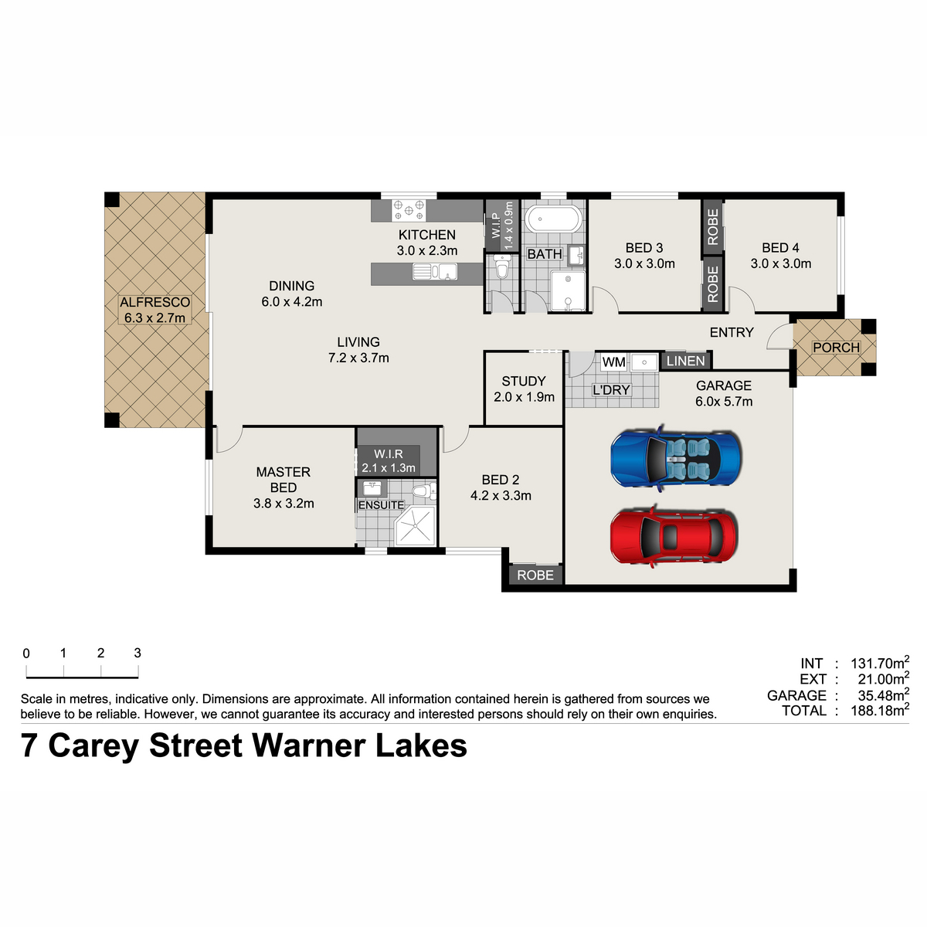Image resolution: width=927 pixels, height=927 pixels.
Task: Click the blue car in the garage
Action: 675,457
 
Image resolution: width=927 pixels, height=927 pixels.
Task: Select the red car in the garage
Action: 674,536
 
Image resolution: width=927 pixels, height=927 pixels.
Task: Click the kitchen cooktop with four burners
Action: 409,210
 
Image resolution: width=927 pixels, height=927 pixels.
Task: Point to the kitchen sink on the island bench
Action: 435,272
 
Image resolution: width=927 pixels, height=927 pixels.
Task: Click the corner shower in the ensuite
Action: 415,526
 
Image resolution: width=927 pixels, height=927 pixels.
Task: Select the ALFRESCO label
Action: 154,302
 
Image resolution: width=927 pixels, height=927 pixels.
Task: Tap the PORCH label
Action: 836,348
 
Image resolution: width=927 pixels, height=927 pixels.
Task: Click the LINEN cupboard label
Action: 685,361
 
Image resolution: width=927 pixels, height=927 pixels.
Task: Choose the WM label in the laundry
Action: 614,362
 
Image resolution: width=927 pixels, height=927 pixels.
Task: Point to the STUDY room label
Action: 524,382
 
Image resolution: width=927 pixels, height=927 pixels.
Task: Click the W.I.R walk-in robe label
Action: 389,453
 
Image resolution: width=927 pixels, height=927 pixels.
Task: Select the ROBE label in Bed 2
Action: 535,576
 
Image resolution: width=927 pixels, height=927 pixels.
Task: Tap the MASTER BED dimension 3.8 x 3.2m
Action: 284,504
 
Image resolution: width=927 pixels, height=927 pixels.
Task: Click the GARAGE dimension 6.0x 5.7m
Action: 724,402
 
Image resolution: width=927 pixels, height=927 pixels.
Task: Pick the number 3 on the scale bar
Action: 138,653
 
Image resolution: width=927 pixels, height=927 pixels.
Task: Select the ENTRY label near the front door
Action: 732,332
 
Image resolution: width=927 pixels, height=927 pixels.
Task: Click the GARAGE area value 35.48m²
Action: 883,694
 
